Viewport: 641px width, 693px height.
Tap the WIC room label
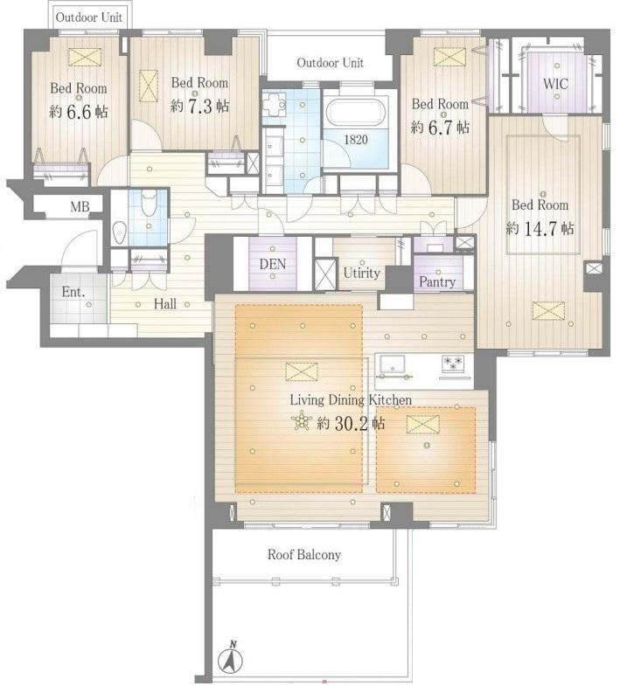click(555, 84)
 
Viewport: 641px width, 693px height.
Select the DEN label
click(273, 264)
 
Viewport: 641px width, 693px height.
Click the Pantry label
click(437, 281)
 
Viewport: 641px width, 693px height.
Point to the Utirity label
click(362, 273)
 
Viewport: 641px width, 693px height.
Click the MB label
click(80, 206)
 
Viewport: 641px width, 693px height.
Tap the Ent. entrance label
click(73, 292)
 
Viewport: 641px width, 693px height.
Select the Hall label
click(165, 303)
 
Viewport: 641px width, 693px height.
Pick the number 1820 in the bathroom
click(356, 140)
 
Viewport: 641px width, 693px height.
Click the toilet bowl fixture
click(149, 202)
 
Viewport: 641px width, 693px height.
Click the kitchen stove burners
click(453, 364)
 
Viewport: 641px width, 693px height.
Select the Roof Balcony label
click(304, 555)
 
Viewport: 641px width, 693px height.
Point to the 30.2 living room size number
click(351, 423)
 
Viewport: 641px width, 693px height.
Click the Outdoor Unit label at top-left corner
click(89, 17)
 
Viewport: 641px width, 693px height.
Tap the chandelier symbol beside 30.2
click(302, 420)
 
